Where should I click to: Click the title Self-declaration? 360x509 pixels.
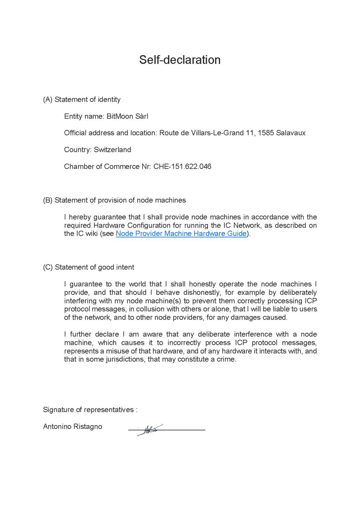(180, 60)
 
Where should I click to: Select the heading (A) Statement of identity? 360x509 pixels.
(82, 100)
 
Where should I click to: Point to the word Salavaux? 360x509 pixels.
(291, 133)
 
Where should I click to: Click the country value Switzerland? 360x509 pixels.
(112, 150)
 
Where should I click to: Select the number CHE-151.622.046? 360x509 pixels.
(182, 167)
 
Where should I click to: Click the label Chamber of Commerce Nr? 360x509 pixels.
(106, 167)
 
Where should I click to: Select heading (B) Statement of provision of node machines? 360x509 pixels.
(114, 200)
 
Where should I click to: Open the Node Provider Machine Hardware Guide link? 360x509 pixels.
(181, 234)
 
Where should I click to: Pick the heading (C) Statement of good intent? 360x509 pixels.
(89, 267)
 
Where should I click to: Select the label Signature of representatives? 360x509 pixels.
(88, 410)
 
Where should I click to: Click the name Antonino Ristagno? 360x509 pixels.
(73, 427)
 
